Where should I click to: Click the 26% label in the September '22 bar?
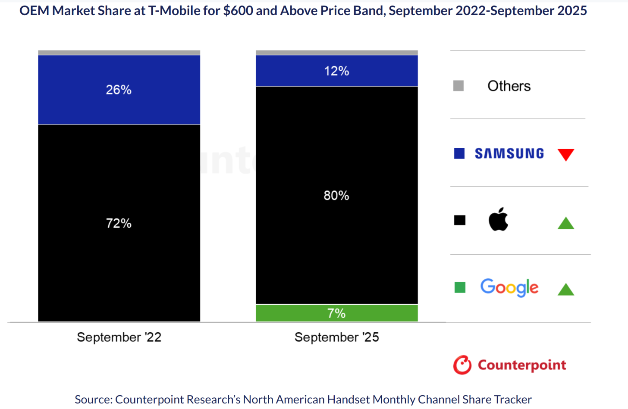click(x=119, y=90)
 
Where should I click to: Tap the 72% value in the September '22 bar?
click(x=119, y=223)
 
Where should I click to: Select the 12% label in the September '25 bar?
click(x=336, y=71)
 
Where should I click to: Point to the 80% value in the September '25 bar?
click(x=336, y=196)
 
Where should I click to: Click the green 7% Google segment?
click(x=336, y=313)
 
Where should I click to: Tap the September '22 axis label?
click(x=119, y=337)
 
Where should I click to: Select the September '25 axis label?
click(x=336, y=337)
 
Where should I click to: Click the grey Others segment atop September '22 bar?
click(x=119, y=53)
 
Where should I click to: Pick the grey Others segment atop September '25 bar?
click(x=336, y=53)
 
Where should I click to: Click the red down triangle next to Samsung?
click(x=565, y=154)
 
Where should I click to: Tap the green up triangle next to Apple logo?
click(x=565, y=223)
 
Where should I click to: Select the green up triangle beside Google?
click(x=565, y=290)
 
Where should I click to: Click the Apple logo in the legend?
click(x=498, y=219)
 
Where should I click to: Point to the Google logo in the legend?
click(x=509, y=287)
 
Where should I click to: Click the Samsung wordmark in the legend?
click(x=509, y=153)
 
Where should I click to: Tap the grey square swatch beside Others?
click(x=458, y=86)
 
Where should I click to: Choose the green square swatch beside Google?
click(x=460, y=287)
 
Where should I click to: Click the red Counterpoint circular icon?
click(x=462, y=365)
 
